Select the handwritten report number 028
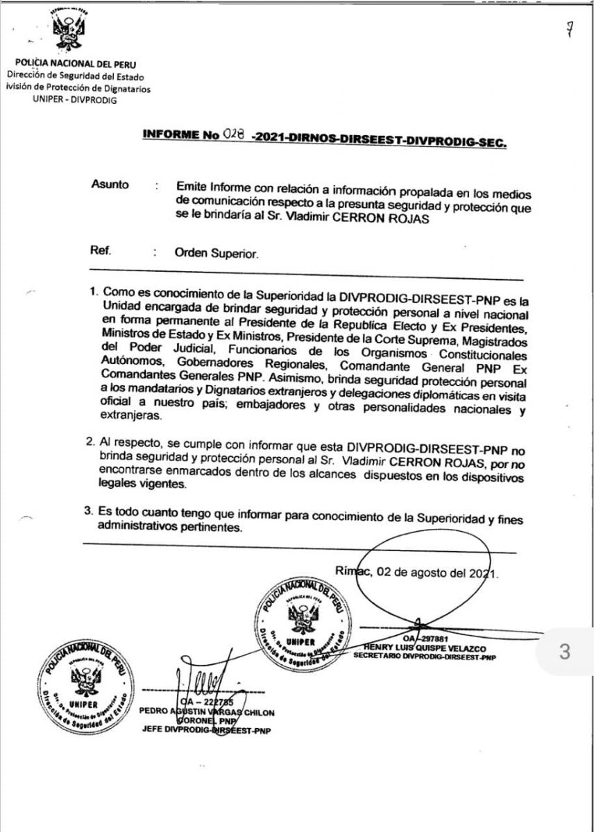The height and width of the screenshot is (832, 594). tap(233, 135)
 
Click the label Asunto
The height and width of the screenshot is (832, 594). tap(110, 185)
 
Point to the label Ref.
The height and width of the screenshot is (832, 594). tap(100, 251)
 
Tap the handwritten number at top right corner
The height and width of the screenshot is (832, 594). tap(569, 30)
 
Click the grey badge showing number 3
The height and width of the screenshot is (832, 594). tap(563, 652)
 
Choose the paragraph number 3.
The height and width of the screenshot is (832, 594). tap(89, 512)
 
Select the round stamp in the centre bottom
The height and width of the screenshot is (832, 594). tap(302, 621)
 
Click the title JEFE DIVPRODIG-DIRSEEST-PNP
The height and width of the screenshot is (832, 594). tap(206, 730)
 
